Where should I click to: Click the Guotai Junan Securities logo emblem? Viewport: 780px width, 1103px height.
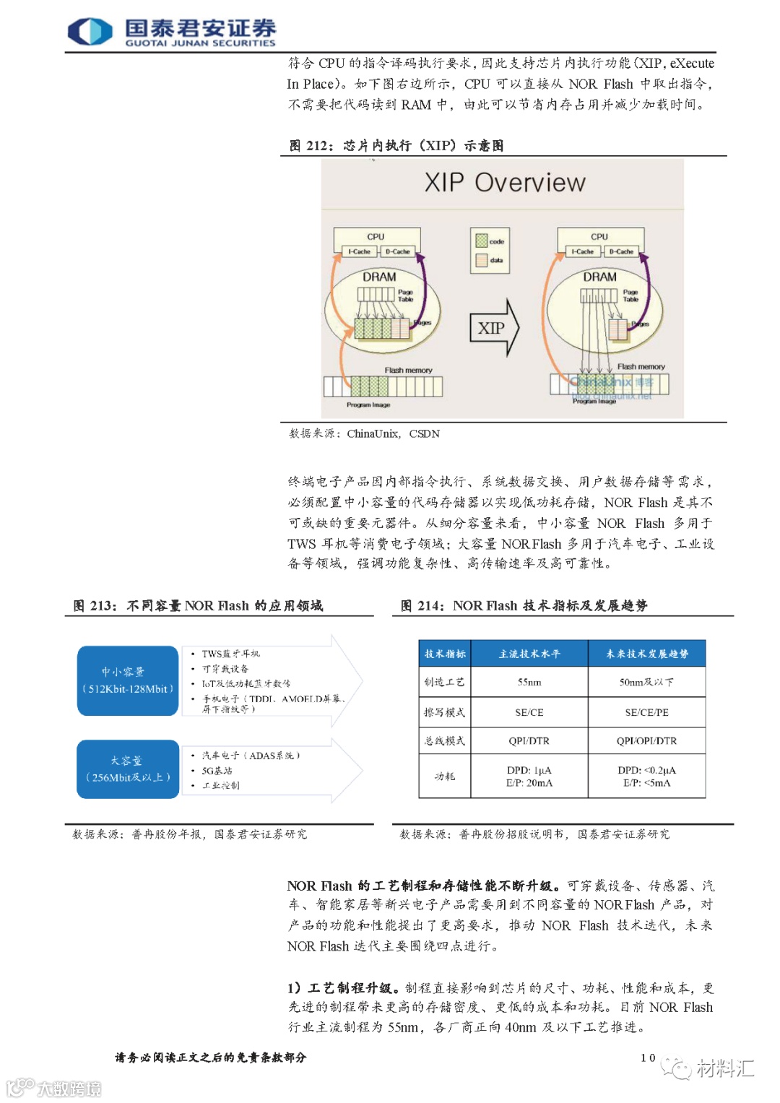click(x=90, y=32)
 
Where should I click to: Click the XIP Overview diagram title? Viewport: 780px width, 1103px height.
click(x=504, y=183)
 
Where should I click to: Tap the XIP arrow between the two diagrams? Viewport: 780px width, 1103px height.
click(x=494, y=328)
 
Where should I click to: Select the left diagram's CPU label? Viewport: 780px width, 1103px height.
click(x=376, y=237)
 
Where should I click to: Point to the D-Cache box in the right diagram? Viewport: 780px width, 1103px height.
click(x=620, y=251)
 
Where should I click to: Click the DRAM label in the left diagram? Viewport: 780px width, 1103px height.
click(x=379, y=277)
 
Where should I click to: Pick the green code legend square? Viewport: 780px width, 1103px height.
click(x=482, y=241)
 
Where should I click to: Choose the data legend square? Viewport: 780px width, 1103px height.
click(x=482, y=260)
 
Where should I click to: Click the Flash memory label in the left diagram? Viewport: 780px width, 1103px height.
click(x=408, y=370)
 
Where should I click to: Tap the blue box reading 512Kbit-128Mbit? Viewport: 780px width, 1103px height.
click(x=127, y=680)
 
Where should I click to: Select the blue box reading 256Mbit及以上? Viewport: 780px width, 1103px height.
click(x=127, y=769)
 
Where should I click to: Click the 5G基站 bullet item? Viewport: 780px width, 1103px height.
click(x=217, y=771)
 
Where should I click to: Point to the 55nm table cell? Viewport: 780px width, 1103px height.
click(x=529, y=682)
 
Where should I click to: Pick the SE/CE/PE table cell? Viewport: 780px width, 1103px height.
click(x=646, y=712)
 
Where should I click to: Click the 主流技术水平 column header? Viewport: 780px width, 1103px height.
click(x=529, y=654)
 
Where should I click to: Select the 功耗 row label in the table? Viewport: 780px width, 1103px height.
click(x=445, y=777)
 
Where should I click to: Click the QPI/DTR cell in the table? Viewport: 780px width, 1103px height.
click(x=529, y=740)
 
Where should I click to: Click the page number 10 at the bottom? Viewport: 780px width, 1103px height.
click(x=648, y=1057)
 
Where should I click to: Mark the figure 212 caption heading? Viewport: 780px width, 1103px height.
click(x=396, y=145)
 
